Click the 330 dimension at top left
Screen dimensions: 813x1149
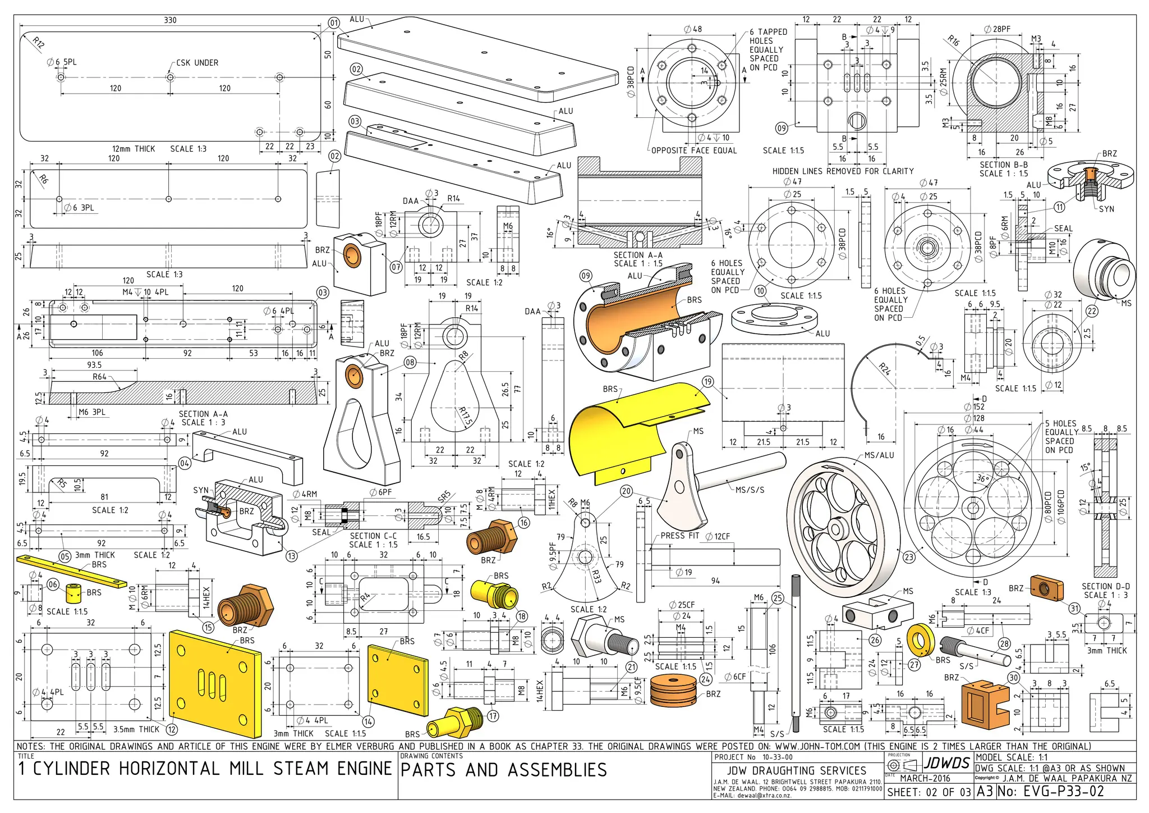[x=170, y=20]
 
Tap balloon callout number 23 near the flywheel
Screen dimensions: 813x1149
[x=908, y=557]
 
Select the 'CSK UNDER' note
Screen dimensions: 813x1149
[x=197, y=63]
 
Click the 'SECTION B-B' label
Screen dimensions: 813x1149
[x=1004, y=165]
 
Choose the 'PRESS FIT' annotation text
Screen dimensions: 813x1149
[x=679, y=536]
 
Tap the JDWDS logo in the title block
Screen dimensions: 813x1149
[x=947, y=763]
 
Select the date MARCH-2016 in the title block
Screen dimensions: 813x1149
[x=925, y=778]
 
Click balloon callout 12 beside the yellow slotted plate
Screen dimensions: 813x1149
[x=172, y=729]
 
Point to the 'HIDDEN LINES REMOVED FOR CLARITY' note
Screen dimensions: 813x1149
[x=843, y=171]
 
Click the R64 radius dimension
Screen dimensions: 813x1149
[x=99, y=377]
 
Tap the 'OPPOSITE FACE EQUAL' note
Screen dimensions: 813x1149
[x=693, y=150]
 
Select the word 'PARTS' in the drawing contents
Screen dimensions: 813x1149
[x=428, y=770]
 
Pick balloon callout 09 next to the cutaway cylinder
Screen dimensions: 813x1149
[x=585, y=276]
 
